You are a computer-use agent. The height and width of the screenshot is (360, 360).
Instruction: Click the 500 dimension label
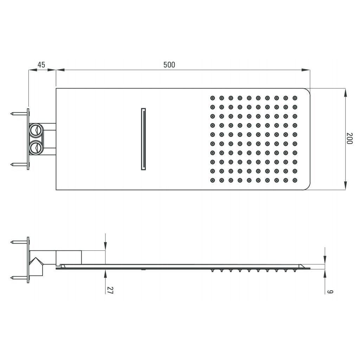(169, 65)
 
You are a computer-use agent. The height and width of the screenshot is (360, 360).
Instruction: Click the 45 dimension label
(41, 65)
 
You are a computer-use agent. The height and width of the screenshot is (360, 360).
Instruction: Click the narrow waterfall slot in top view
(143, 139)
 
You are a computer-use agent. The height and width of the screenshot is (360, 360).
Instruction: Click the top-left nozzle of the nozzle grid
(212, 98)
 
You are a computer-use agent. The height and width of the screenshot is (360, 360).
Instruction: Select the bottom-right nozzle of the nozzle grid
(295, 180)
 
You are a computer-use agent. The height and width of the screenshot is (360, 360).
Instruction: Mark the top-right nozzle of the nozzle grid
(295, 98)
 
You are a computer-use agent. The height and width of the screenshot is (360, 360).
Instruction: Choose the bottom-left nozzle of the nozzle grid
(212, 180)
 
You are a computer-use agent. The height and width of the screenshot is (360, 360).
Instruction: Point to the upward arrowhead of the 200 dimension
(345, 92)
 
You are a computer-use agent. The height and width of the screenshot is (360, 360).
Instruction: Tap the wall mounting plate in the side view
(28, 260)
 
